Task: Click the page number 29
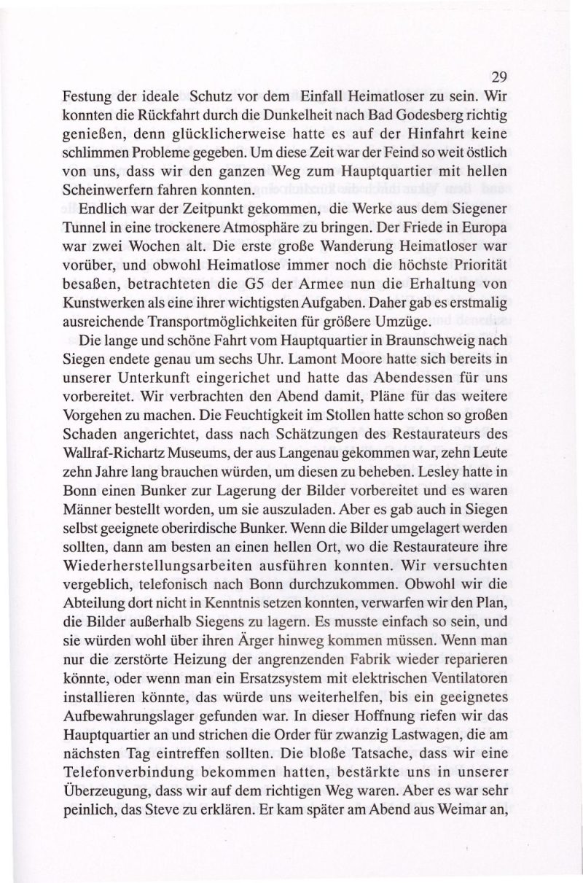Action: pyautogui.click(x=498, y=77)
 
